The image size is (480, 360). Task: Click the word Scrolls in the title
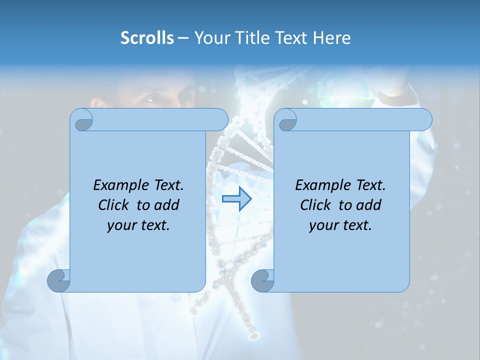coord(147,38)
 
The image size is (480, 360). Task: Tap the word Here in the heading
coord(332,38)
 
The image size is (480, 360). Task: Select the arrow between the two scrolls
coord(236,198)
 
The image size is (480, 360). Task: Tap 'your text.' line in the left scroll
coord(138,225)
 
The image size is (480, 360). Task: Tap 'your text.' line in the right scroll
coord(340,225)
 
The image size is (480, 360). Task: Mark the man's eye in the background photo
coord(151,98)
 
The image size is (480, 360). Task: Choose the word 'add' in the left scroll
coord(166,205)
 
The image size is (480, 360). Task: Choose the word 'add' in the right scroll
coord(368,205)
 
